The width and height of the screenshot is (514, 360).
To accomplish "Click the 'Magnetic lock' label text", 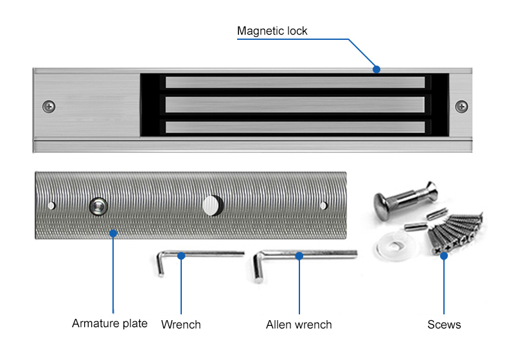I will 272,31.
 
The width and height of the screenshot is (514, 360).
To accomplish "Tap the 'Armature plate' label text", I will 109,323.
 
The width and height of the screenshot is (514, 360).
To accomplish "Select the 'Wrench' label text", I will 181,325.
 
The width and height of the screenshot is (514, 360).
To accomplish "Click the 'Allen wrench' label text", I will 299,325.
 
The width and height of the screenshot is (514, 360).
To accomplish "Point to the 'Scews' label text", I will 444,325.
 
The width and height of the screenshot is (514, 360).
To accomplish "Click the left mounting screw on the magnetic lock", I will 49,106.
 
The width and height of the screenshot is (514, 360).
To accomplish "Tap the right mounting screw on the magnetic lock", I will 461,106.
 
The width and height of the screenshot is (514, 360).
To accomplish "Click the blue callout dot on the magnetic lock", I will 377,69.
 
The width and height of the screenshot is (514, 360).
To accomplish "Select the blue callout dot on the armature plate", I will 113,233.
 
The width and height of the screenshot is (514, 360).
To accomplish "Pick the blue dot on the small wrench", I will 181,255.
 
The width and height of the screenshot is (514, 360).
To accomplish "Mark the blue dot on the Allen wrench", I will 299,255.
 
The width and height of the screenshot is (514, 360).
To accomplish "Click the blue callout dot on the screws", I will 444,256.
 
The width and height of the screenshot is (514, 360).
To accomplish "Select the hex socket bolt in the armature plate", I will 98,205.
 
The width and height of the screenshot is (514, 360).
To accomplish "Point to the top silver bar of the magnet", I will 295,82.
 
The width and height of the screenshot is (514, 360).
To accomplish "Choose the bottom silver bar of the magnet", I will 295,127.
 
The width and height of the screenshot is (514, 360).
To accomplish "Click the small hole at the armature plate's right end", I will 323,206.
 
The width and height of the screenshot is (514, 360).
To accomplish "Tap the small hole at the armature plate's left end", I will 52,206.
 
